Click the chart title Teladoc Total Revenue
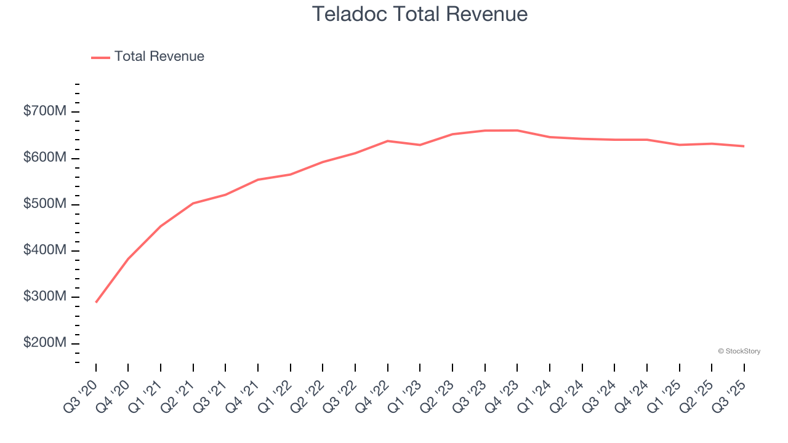pyautogui.click(x=419, y=14)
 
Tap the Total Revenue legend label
pyautogui.click(x=159, y=57)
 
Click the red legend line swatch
pyautogui.click(x=100, y=57)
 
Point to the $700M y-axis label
pyautogui.click(x=45, y=111)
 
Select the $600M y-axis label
pyautogui.click(x=45, y=158)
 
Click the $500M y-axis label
pyautogui.click(x=45, y=204)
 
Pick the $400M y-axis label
pyautogui.click(x=45, y=250)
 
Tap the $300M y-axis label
pyautogui.click(x=45, y=297)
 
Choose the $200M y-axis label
pyautogui.click(x=45, y=343)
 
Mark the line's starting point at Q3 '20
pyautogui.click(x=96, y=302)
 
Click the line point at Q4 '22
pyautogui.click(x=388, y=141)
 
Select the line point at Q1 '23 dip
pyautogui.click(x=420, y=145)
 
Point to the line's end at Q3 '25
pyautogui.click(x=744, y=146)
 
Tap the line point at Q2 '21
pyautogui.click(x=193, y=203)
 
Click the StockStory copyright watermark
pyautogui.click(x=739, y=351)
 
